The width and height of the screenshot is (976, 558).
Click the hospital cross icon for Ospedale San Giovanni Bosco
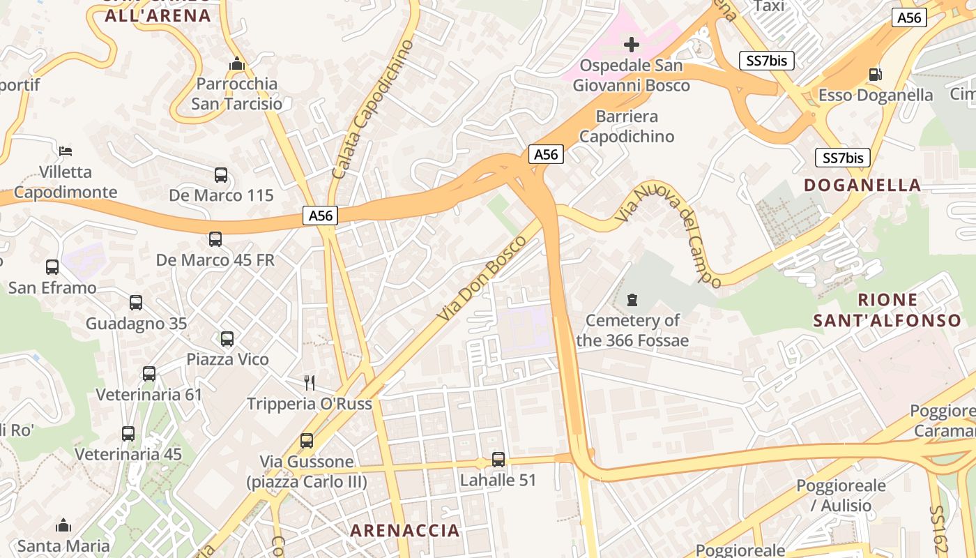pos(632,45)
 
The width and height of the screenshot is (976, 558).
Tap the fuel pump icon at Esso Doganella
pos(875,74)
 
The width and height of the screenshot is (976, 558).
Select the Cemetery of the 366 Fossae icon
pos(632,301)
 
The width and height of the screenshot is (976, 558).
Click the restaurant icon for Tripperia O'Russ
pos(310,382)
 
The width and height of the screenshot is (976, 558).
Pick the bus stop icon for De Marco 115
pos(221,175)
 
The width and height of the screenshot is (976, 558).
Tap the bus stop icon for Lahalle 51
pos(498,460)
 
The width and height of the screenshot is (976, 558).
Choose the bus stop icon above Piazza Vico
pos(227,339)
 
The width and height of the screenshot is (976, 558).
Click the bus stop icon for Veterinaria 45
pos(128,434)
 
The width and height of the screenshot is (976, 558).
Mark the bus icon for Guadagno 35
pos(136,303)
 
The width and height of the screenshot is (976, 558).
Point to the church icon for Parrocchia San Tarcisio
pos(237,64)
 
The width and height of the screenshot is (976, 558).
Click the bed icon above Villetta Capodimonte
pos(66,151)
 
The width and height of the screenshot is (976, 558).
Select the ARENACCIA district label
pos(405,530)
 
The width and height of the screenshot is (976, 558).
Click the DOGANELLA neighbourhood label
pos(862,185)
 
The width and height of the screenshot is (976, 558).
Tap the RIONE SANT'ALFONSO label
pos(887,310)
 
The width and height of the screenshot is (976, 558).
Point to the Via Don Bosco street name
pos(482,279)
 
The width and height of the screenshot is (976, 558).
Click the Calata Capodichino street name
pos(373,109)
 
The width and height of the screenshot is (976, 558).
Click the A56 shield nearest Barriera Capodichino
pos(545,154)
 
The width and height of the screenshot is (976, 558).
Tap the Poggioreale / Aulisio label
pos(841,495)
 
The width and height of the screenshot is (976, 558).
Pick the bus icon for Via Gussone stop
pos(307,441)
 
